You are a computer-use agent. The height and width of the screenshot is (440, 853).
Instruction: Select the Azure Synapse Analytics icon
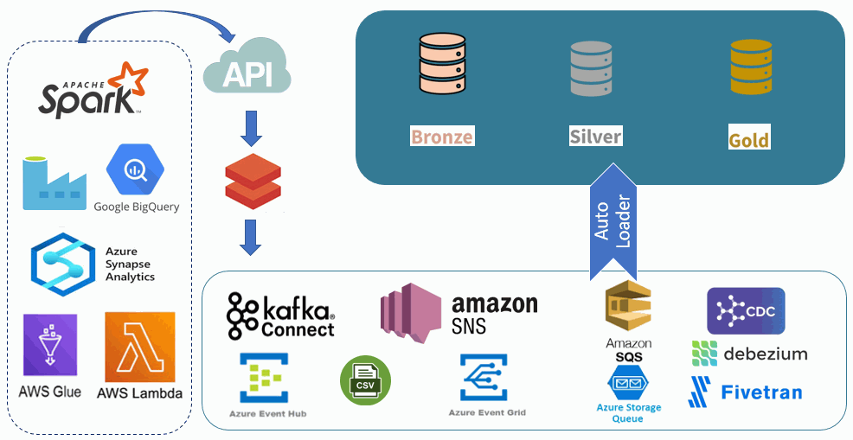pos(61,264)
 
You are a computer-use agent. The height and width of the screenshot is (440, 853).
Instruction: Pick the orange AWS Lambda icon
pos(139,348)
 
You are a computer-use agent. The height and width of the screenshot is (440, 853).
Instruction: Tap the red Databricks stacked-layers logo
pos(253,179)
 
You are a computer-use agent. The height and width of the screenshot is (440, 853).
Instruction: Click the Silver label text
pos(595,137)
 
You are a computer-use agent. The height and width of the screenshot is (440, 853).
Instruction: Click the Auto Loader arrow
pos(613,220)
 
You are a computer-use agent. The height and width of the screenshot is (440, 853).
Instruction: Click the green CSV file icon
pos(366,381)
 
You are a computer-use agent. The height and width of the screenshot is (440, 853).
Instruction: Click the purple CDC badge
pos(746,311)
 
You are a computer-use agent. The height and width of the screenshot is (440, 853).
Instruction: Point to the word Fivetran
pos(761,392)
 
